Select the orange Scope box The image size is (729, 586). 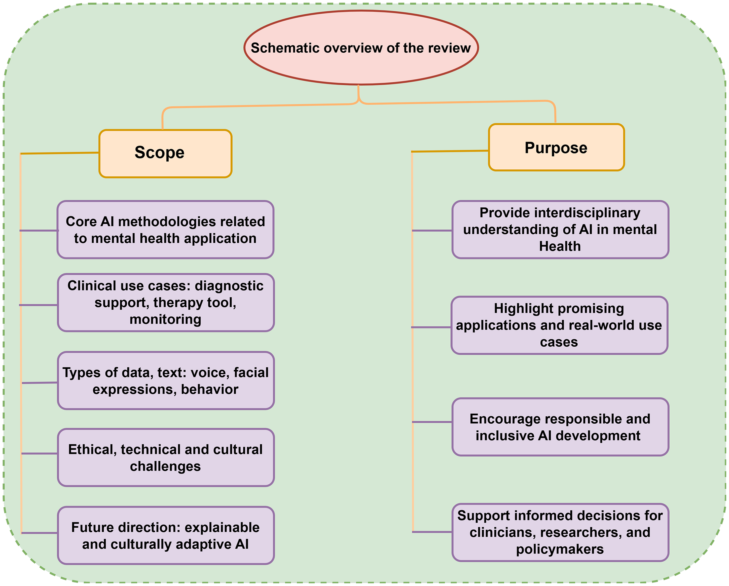click(x=165, y=153)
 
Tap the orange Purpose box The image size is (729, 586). click(x=556, y=147)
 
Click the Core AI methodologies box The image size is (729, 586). click(x=165, y=230)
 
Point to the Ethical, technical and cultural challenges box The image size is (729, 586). click(x=166, y=458)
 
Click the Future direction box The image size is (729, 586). click(x=166, y=536)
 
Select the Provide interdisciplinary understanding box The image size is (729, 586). click(x=560, y=230)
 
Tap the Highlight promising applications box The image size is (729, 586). click(x=559, y=325)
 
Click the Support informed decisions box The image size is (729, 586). click(x=560, y=533)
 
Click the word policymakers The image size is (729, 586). click(x=560, y=549)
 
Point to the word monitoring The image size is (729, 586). click(x=165, y=320)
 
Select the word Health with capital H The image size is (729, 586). click(x=560, y=246)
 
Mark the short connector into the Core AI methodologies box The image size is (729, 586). click(x=39, y=231)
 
